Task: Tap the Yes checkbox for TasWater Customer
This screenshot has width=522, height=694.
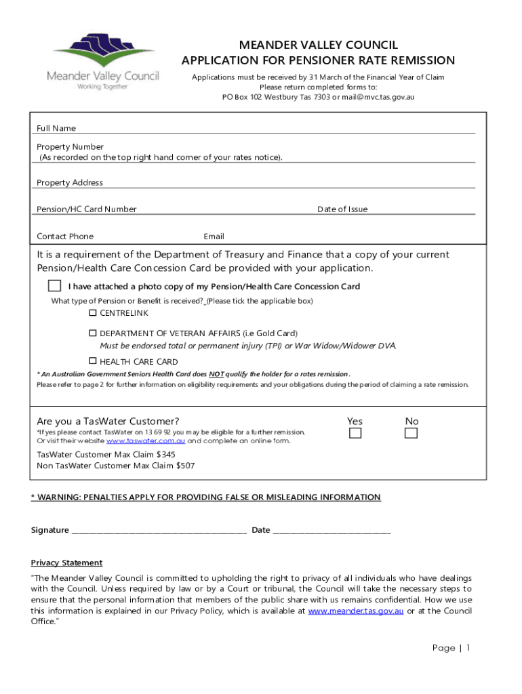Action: (x=355, y=434)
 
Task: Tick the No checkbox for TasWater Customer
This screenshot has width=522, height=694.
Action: (x=411, y=434)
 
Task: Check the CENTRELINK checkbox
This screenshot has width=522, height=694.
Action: (x=93, y=313)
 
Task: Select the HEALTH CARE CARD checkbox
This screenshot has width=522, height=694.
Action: (x=93, y=361)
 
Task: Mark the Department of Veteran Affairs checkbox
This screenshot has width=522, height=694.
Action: (x=93, y=333)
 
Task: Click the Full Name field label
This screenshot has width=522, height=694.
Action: (x=56, y=128)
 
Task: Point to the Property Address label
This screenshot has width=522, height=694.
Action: (x=70, y=183)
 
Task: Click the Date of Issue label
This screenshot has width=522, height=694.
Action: (x=342, y=209)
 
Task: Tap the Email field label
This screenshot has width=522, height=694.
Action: (x=214, y=237)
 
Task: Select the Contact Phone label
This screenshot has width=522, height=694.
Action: (x=65, y=237)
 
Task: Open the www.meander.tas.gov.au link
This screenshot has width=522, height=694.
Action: (x=356, y=611)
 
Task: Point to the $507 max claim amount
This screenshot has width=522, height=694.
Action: (x=185, y=466)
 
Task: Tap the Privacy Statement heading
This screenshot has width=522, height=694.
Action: (x=66, y=563)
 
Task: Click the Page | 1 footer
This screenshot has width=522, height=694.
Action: (x=451, y=648)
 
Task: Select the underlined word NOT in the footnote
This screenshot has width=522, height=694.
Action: (x=216, y=374)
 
